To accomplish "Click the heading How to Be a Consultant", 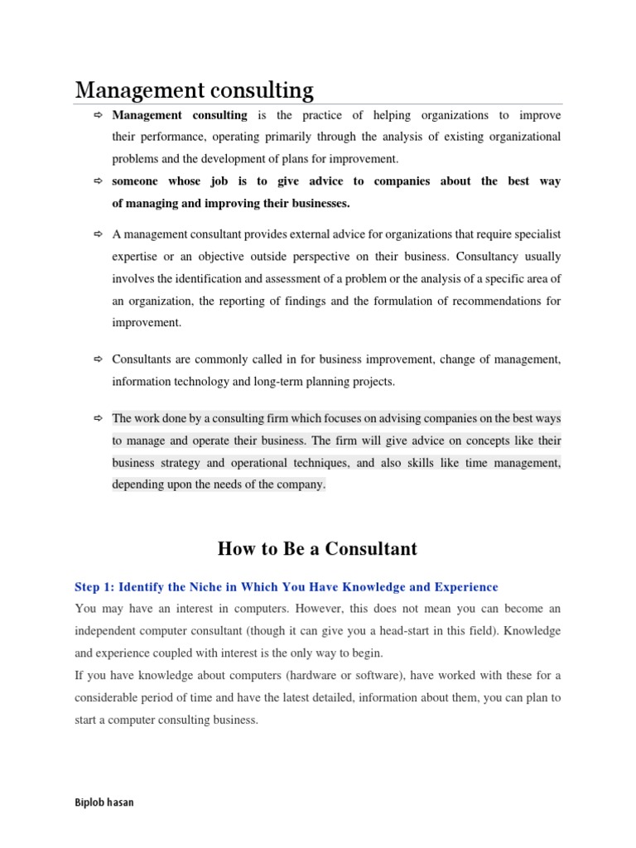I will [317, 548].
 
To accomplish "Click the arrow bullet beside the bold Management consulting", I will [97, 115].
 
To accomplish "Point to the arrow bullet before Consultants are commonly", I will [97, 359].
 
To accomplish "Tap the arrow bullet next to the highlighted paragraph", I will [97, 419].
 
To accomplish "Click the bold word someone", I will [135, 181].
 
